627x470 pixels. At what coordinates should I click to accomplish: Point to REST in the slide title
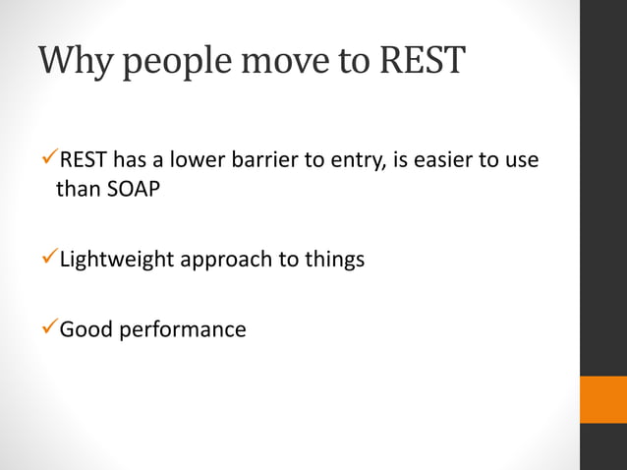tap(421, 61)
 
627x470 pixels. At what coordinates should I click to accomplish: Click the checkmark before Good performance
tap(51, 328)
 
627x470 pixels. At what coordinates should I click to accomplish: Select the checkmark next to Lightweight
tap(51, 260)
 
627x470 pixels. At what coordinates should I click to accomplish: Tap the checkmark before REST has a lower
tap(51, 159)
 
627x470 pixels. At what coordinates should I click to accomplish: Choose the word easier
tap(449, 160)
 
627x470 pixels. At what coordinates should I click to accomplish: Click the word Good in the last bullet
tap(86, 329)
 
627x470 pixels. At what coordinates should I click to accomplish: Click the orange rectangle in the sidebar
tap(602, 399)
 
